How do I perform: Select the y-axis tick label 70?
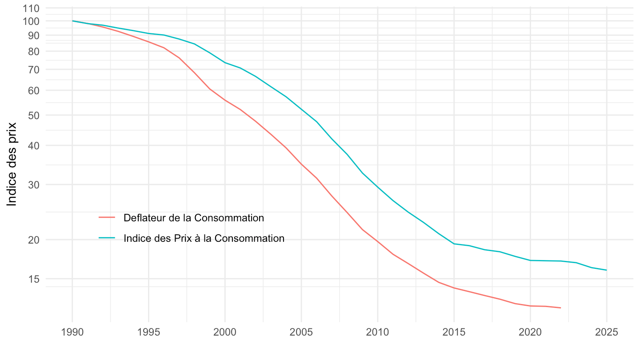pos(33,70)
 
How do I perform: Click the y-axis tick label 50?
pos(33,115)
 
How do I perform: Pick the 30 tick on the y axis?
pos(33,184)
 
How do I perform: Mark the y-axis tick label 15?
pos(33,279)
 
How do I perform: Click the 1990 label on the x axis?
pos(72,332)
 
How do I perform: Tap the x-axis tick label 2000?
pos(225,332)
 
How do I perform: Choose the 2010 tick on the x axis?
pos(378,332)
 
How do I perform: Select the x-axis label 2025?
pos(607,332)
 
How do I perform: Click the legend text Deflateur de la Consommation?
pos(194,218)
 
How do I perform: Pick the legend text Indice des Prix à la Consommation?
pos(204,238)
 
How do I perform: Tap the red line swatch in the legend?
pos(107,218)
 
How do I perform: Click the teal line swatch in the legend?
pos(107,238)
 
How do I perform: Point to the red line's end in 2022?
pos(561,308)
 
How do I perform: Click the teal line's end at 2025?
pos(607,270)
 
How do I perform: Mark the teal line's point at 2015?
pos(454,244)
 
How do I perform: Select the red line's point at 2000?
pos(225,100)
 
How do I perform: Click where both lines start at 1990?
pos(72,21)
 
